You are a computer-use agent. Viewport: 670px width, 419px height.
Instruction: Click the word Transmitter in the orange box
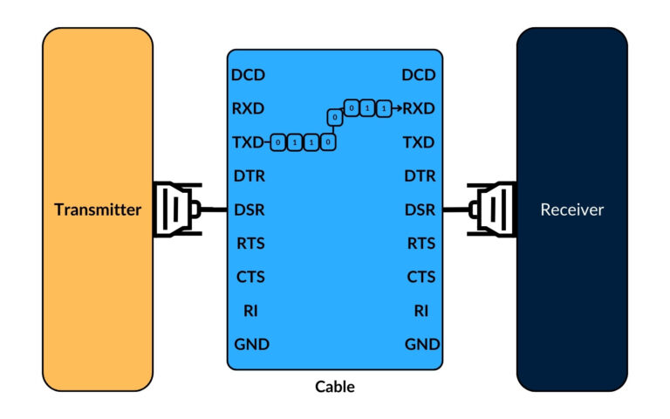pos(98,209)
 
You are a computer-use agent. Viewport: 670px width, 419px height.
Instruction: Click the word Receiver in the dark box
pos(571,209)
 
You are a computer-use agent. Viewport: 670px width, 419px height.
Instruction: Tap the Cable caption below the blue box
pos(335,386)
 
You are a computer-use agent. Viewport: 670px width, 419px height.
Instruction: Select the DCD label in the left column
pos(248,75)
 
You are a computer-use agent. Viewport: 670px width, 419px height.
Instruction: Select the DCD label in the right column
pos(419,75)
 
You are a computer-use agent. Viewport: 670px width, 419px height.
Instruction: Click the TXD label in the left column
pos(249,141)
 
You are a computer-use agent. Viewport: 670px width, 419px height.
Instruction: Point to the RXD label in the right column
pos(419,108)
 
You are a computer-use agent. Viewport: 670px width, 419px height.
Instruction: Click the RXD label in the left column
pos(249,108)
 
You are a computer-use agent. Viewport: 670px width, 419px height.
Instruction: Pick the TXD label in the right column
pos(419,141)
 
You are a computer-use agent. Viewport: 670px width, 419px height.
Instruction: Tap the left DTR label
pos(249,175)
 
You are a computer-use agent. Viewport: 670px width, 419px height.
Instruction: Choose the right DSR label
pos(420,209)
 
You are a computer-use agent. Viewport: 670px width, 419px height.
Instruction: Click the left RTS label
pos(250,244)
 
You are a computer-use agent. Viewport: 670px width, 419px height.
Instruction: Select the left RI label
pos(251,310)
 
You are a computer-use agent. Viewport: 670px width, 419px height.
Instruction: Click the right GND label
pos(422,344)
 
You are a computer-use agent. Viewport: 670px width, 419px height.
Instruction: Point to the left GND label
pos(252,344)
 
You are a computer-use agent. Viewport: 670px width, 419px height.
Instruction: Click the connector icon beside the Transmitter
pos(178,209)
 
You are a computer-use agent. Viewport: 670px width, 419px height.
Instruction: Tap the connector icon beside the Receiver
pos(489,209)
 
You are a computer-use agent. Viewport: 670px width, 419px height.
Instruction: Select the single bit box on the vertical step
pos(333,117)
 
